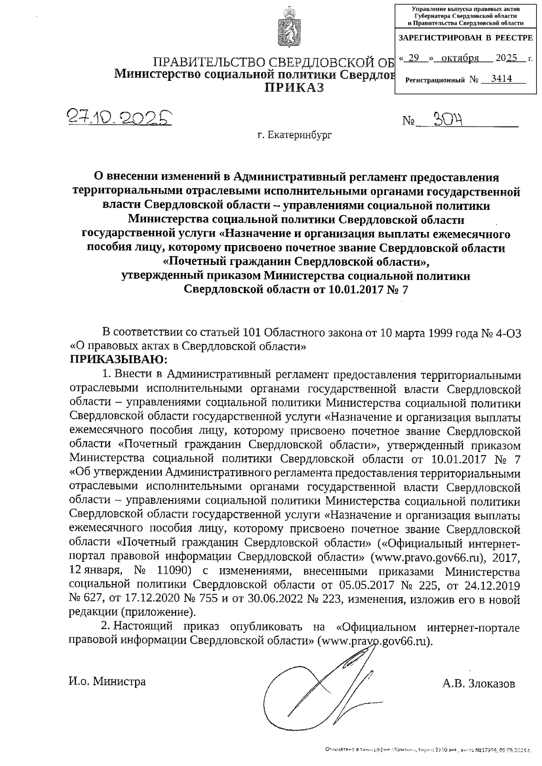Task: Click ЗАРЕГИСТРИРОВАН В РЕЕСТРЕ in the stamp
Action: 465,38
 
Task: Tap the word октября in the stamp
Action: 461,58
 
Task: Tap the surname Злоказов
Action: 479,683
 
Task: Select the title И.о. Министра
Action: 107,682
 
